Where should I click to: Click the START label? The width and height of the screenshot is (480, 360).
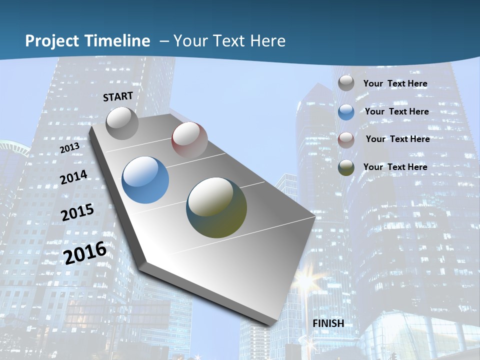(x=118, y=96)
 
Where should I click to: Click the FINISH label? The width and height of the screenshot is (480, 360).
(x=328, y=323)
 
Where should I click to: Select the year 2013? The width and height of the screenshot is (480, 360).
(x=70, y=148)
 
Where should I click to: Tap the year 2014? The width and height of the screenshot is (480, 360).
(x=74, y=177)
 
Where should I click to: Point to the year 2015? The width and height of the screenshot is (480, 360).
(x=77, y=212)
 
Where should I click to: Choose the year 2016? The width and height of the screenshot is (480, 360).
(x=85, y=253)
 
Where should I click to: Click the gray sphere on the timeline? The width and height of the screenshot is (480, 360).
(x=122, y=123)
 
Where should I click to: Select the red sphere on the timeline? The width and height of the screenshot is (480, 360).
(x=189, y=139)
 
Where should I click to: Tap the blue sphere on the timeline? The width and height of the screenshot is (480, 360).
(x=145, y=180)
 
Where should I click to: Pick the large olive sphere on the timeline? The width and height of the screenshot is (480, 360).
(x=216, y=207)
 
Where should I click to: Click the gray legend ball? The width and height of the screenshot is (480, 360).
(x=346, y=83)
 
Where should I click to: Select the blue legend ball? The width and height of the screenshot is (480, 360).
(x=346, y=112)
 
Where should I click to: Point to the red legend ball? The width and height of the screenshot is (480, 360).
(x=346, y=140)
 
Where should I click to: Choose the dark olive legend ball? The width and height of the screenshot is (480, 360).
(x=346, y=167)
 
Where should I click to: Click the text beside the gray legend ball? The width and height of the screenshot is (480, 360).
(x=395, y=83)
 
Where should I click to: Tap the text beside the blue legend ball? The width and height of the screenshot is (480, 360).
(x=396, y=111)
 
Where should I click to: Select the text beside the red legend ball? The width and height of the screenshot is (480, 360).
(x=397, y=139)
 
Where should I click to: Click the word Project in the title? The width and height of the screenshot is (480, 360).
(x=53, y=41)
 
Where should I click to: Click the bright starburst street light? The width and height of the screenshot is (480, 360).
(x=304, y=281)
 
